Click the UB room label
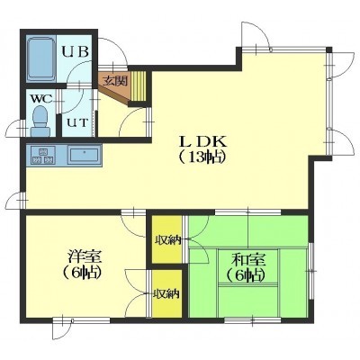(75, 51)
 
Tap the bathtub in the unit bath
(41, 59)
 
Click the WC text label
(42, 98)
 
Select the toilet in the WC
(40, 121)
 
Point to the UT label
(76, 122)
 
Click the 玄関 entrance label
(115, 81)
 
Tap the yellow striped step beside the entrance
(138, 86)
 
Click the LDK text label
(203, 141)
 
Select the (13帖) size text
(202, 157)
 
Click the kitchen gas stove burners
(41, 155)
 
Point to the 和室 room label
(249, 260)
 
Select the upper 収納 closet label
(167, 240)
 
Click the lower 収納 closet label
(166, 294)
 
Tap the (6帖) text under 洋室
(81, 273)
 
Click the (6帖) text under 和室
(246, 274)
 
